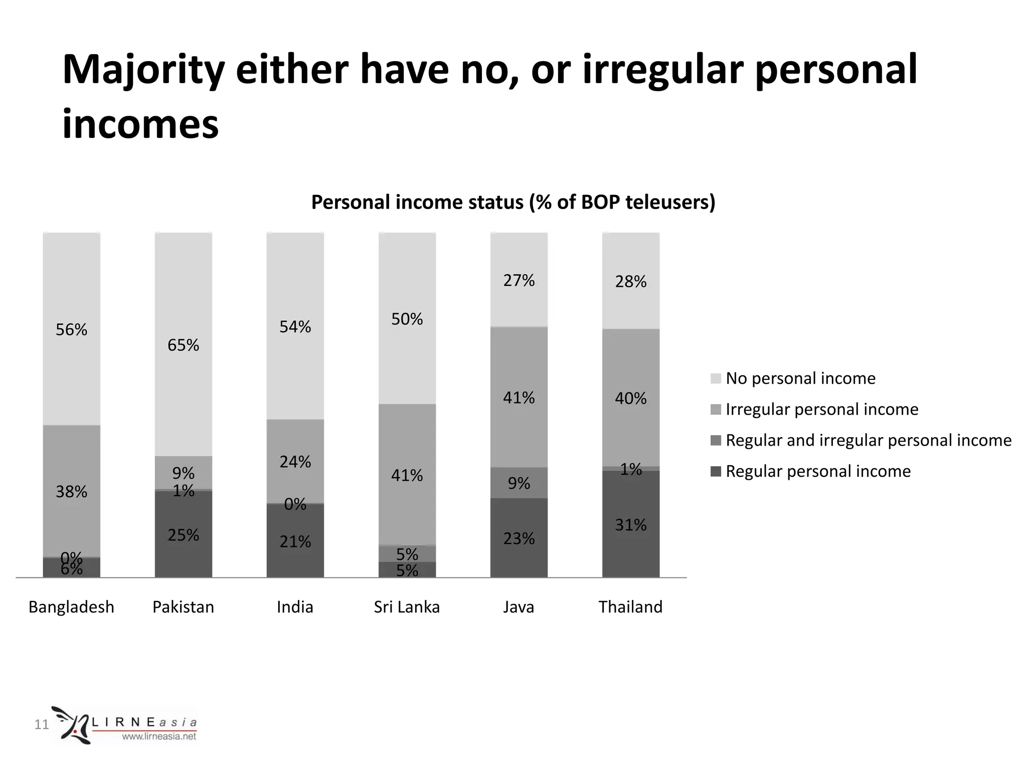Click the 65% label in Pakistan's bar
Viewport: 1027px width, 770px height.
183,345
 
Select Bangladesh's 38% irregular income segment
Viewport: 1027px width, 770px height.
71,491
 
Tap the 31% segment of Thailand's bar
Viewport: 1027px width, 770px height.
630,524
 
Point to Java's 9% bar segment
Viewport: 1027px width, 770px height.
519,483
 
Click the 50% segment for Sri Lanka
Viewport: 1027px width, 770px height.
407,319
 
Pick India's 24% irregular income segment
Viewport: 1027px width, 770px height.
295,461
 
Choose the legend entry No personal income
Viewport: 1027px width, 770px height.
800,378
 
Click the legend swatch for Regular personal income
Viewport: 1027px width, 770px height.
716,471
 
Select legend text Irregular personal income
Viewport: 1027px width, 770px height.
822,409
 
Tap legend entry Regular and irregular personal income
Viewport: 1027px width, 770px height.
868,440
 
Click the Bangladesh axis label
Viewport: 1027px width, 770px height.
71,607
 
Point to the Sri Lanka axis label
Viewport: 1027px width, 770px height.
407,607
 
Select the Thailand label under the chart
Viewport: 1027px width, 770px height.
630,607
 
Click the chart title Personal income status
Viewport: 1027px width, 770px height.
513,202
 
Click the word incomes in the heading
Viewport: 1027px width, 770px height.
140,124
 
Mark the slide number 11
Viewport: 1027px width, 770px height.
41,724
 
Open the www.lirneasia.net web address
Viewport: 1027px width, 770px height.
159,736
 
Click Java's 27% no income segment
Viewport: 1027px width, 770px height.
519,280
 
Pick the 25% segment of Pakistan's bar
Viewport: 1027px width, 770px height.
183,535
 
